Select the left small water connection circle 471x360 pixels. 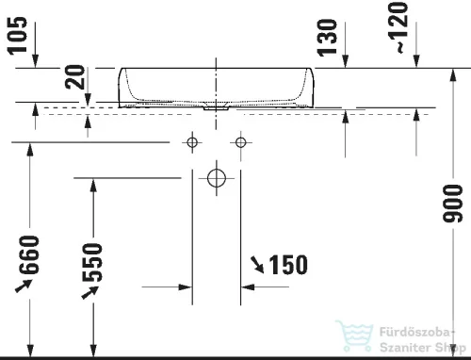point(192,142)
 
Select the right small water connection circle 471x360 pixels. point(241,142)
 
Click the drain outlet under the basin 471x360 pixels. point(217,106)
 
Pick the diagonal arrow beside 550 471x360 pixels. point(88,294)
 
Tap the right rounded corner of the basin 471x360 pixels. point(306,94)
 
